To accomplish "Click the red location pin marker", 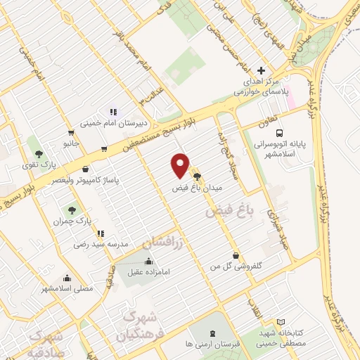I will coord(181,166).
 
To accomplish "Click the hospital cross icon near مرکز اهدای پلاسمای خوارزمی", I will coord(262,71).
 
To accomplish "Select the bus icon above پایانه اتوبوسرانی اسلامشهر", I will coord(280,132).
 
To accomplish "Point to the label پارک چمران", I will coord(67,221).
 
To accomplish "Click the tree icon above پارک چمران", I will coord(72,210).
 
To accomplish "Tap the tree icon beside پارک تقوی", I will coord(39,153).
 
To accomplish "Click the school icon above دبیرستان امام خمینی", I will coord(112,110).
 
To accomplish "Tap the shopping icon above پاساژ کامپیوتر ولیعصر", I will coord(86,169).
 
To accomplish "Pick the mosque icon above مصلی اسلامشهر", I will coord(67,277).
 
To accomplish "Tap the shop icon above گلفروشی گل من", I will coord(235,256).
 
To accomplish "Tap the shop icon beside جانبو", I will coord(71,132).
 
